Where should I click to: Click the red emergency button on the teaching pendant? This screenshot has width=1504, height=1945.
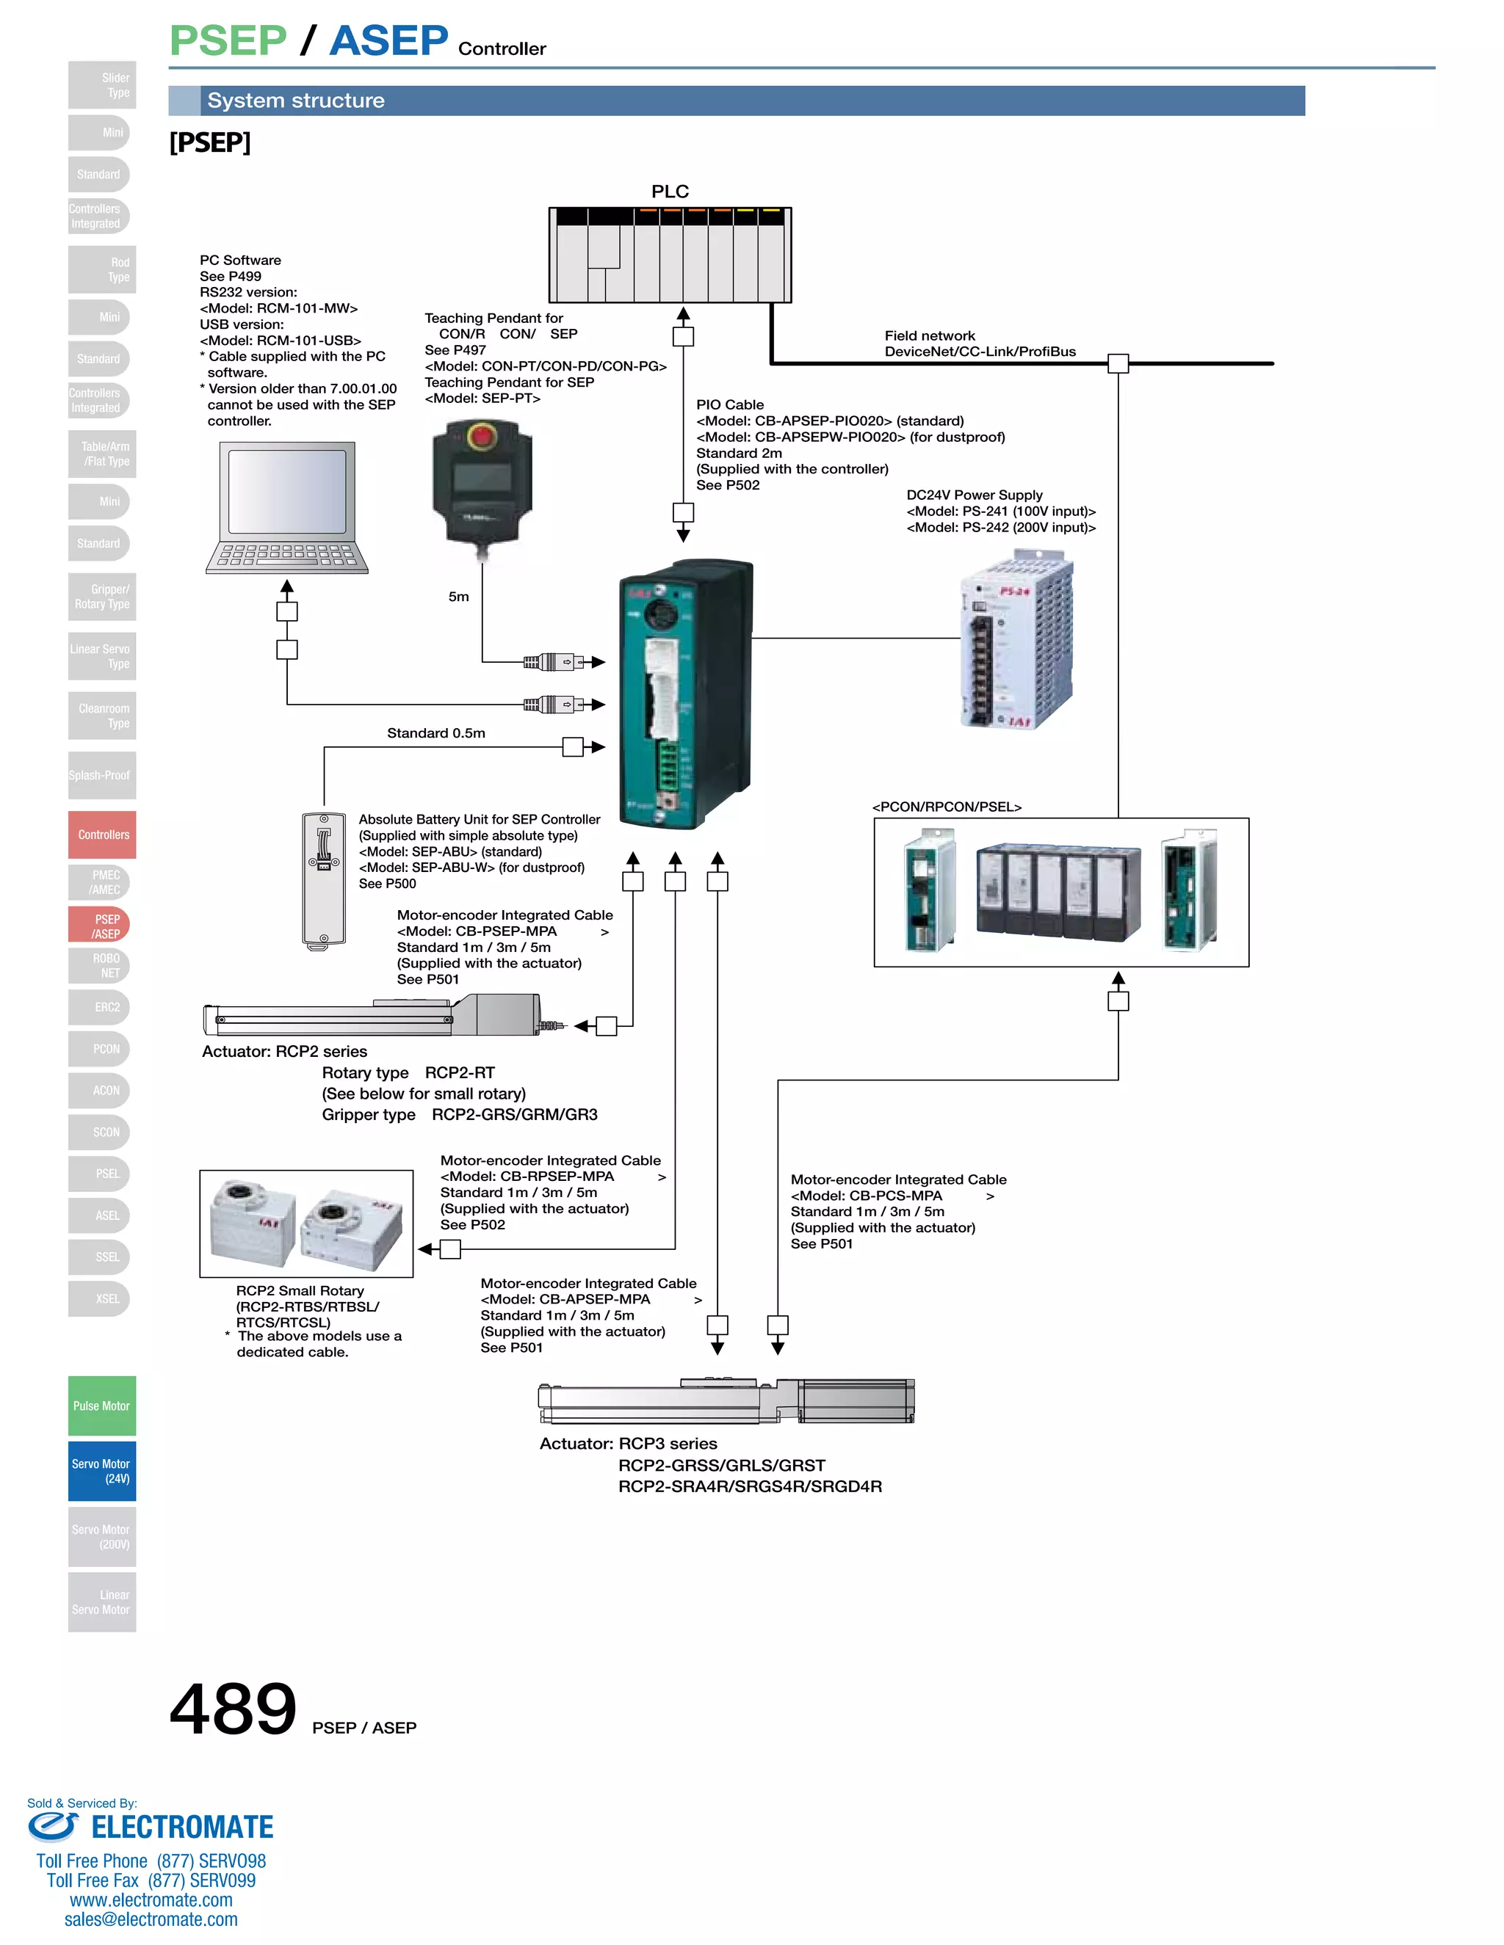click(482, 437)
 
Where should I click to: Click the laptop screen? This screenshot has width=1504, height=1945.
click(287, 492)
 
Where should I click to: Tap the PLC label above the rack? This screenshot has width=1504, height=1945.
click(670, 192)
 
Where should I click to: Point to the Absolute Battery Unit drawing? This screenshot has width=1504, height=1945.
click(323, 880)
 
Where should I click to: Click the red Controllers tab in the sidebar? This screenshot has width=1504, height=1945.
click(103, 835)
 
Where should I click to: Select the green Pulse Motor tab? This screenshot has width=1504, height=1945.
click(101, 1406)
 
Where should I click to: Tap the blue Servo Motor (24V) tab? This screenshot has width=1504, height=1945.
click(101, 1470)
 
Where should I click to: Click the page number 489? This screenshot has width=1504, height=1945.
click(233, 1708)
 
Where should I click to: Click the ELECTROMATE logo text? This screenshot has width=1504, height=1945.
click(182, 1828)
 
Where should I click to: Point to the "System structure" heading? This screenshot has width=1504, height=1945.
click(296, 101)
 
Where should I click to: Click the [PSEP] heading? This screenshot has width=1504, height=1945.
click(210, 142)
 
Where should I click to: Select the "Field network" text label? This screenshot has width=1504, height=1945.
click(929, 335)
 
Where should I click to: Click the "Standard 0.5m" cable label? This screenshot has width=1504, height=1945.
click(435, 733)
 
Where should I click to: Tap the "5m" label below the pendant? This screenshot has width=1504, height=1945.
click(458, 597)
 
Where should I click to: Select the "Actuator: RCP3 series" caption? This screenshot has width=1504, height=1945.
click(628, 1444)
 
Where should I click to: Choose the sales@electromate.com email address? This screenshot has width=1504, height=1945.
click(151, 1919)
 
